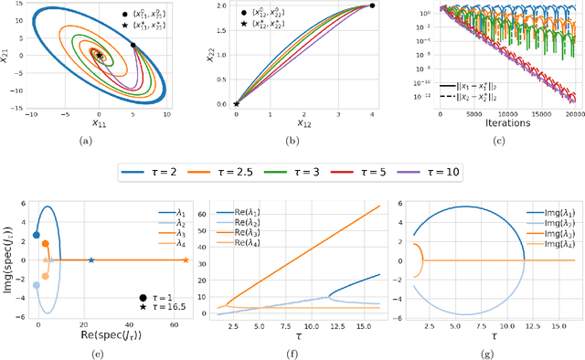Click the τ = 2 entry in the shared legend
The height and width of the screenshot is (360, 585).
click(x=157, y=172)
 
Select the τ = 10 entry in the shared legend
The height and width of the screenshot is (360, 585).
click(x=441, y=172)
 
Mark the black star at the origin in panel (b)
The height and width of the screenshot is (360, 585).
click(x=236, y=104)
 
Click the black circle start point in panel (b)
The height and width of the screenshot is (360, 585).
click(x=372, y=5)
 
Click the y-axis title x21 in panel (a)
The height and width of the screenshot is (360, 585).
click(x=7, y=55)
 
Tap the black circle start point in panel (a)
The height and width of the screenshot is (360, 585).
click(x=134, y=45)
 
